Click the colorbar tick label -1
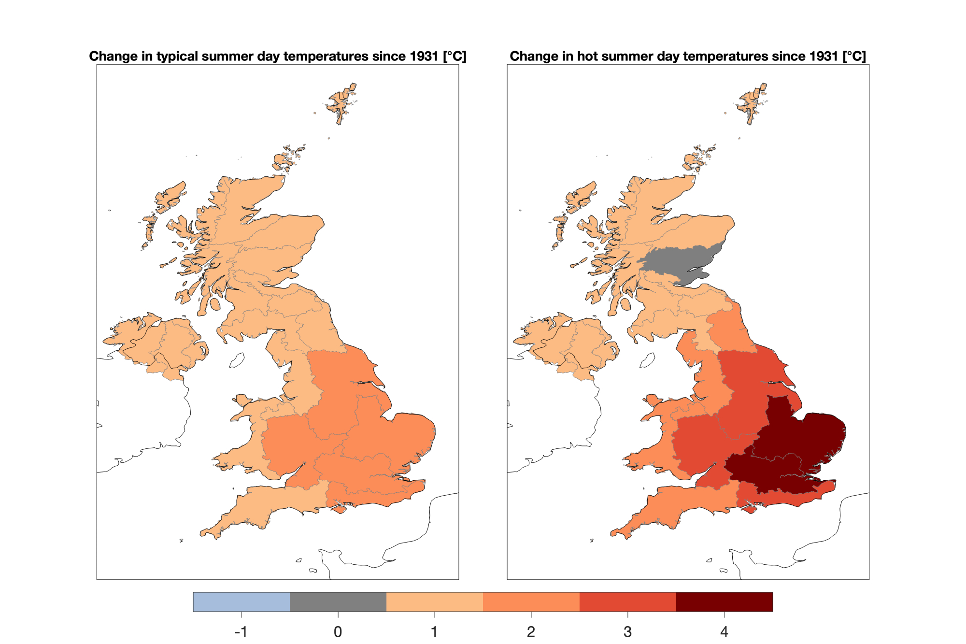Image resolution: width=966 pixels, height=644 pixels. coord(241,631)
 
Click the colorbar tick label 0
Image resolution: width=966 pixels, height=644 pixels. coord(338,631)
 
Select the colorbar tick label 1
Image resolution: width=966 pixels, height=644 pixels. coord(435,631)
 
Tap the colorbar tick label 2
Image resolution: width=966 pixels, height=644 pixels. coord(531,631)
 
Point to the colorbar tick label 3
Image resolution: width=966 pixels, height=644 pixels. coord(628,631)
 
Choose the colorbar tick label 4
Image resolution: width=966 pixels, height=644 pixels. coord(724,631)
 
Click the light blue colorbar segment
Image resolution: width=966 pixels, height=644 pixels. coord(241,602)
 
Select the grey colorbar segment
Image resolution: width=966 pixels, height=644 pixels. coord(338,602)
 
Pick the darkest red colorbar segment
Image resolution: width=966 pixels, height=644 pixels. coord(724,602)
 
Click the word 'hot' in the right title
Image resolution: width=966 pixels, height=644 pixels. coord(585,57)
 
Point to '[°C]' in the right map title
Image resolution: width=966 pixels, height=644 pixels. coord(854,57)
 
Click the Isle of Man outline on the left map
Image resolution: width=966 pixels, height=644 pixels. coord(237,360)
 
